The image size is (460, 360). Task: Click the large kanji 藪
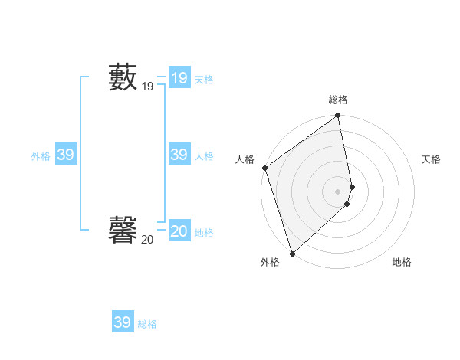123,77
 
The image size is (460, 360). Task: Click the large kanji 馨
123,228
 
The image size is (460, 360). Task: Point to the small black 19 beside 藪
147,87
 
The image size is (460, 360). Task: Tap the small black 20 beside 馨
147,240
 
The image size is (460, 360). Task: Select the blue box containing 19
179,77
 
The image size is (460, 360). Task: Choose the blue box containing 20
179,231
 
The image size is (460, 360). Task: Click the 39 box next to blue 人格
179,155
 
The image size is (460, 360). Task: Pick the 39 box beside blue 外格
65,155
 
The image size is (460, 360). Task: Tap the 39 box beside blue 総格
122,322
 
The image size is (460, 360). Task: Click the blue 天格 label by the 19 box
204,80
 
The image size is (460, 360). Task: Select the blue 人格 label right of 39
204,156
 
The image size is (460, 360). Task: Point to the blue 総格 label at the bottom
147,324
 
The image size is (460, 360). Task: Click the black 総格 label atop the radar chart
338,100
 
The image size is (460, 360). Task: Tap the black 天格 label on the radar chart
431,159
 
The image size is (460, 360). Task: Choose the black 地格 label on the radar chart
402,262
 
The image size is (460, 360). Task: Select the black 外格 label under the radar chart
270,262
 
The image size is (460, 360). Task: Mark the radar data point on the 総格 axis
338,116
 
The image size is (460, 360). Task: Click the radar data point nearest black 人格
265,168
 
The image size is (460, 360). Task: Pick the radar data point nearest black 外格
292,253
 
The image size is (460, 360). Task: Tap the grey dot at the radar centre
338,191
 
